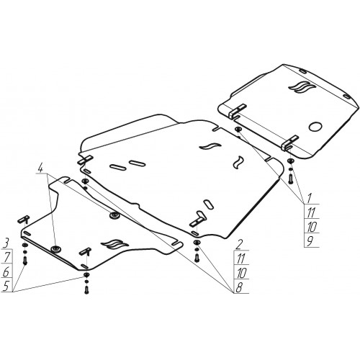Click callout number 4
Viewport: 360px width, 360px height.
(x=40, y=168)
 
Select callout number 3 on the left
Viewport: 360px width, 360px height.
(x=6, y=243)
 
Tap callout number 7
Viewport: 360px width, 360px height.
(x=6, y=258)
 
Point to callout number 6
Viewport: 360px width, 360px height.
(x=6, y=271)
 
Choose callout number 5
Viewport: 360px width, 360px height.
(x=6, y=286)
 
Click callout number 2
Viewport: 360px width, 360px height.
(x=238, y=245)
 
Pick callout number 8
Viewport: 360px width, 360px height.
(x=238, y=287)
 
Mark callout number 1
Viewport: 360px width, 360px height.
(x=310, y=198)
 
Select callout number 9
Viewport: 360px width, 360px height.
(x=310, y=241)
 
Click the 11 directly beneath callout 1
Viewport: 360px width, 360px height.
(x=311, y=212)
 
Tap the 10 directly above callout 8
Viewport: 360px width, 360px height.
(x=241, y=273)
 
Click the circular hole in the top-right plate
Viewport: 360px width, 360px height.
(x=315, y=127)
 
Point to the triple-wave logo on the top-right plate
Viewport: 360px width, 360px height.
(x=301, y=87)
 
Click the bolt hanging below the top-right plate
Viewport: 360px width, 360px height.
(x=291, y=179)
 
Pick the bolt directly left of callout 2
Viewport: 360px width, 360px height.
(x=197, y=258)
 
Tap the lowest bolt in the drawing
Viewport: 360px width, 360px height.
(x=86, y=290)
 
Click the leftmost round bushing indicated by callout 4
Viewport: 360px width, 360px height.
(x=56, y=249)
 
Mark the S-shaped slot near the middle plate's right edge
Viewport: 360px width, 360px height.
(x=238, y=163)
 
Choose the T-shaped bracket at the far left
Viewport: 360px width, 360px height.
(x=24, y=219)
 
